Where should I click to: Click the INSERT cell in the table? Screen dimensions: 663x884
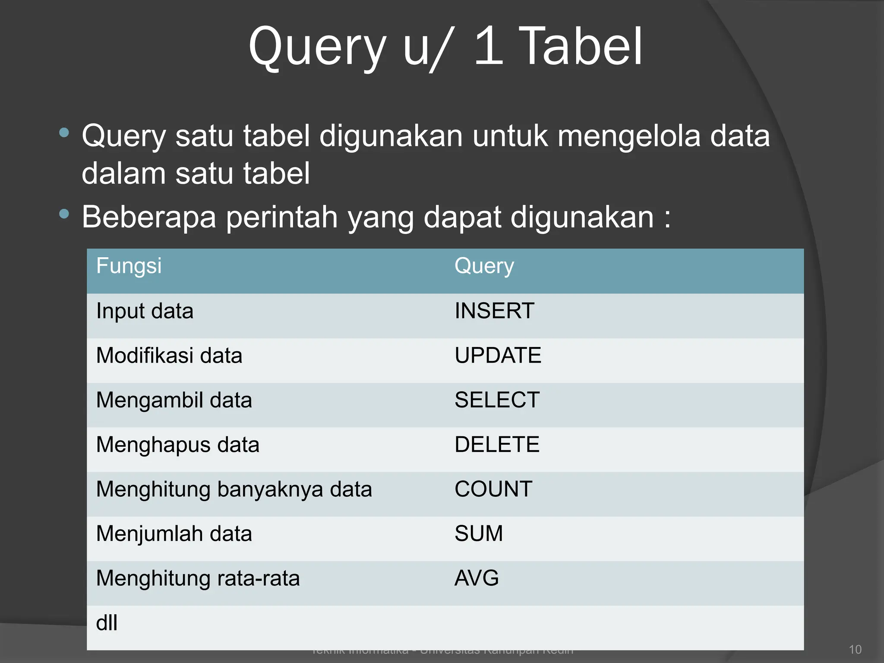494,311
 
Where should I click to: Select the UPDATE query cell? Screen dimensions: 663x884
498,356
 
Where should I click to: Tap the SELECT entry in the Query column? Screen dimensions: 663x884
497,400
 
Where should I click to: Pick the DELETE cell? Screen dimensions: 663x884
497,445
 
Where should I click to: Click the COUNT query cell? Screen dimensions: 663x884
493,489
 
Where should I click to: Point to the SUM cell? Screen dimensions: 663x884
479,534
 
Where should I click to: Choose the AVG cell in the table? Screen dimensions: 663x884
477,578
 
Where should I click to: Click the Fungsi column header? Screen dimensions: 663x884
129,265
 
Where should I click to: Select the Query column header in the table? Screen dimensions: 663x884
484,266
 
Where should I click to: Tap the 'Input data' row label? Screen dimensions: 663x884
145,311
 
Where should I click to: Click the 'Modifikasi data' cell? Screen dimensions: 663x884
169,356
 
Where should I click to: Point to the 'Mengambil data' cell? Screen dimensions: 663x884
174,401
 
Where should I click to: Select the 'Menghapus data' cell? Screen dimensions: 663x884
177,445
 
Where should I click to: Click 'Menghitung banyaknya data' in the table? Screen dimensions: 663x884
234,489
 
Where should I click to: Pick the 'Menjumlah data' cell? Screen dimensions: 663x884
174,534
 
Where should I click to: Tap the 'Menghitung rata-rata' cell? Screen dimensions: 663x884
198,578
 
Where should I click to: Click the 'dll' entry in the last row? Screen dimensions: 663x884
107,623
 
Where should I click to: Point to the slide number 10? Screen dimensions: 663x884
855,650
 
